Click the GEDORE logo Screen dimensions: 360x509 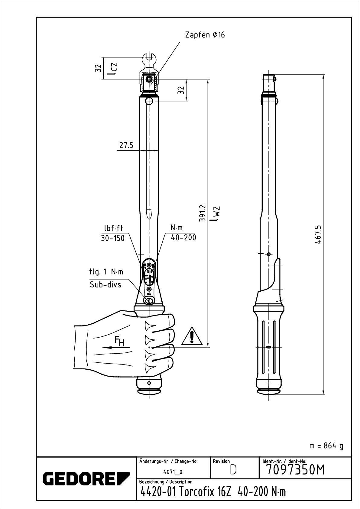tap(86, 478)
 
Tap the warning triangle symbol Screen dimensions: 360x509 tap(192, 336)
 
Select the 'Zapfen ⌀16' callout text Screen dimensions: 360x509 tap(205, 35)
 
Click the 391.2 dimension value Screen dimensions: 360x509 tap(202, 213)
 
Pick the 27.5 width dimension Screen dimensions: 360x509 tap(126, 145)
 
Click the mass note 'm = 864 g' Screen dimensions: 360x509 tap(326, 446)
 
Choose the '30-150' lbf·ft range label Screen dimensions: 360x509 tap(113, 238)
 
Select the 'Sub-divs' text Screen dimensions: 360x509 tap(105, 285)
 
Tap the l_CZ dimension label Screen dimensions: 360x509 tap(113, 69)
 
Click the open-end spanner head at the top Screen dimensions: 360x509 tap(149, 60)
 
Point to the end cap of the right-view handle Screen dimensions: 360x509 tap(269, 391)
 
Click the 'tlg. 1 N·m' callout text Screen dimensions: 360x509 tap(106, 272)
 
